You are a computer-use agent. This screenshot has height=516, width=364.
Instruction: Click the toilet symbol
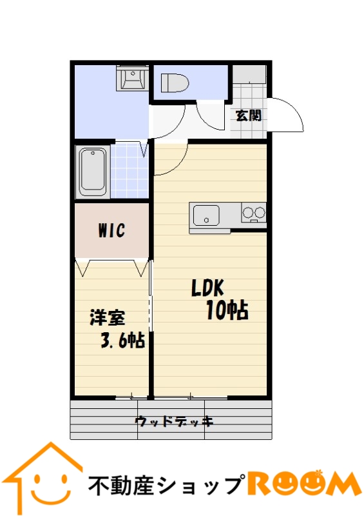coord(175,83)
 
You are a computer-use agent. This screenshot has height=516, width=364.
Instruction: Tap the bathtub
coord(93,172)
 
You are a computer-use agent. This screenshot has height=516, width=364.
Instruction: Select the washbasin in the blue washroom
coord(133,79)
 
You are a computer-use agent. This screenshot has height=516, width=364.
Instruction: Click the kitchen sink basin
coord(206,215)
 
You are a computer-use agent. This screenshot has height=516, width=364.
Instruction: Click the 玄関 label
coord(249,115)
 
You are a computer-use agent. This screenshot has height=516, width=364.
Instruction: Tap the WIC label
coord(112,230)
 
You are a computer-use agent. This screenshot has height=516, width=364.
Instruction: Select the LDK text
coord(208,288)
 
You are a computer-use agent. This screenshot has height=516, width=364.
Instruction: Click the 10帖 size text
coord(227,310)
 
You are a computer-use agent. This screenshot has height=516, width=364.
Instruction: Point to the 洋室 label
coord(108,317)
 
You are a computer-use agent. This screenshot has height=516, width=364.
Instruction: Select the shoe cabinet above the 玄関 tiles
coord(249,74)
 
